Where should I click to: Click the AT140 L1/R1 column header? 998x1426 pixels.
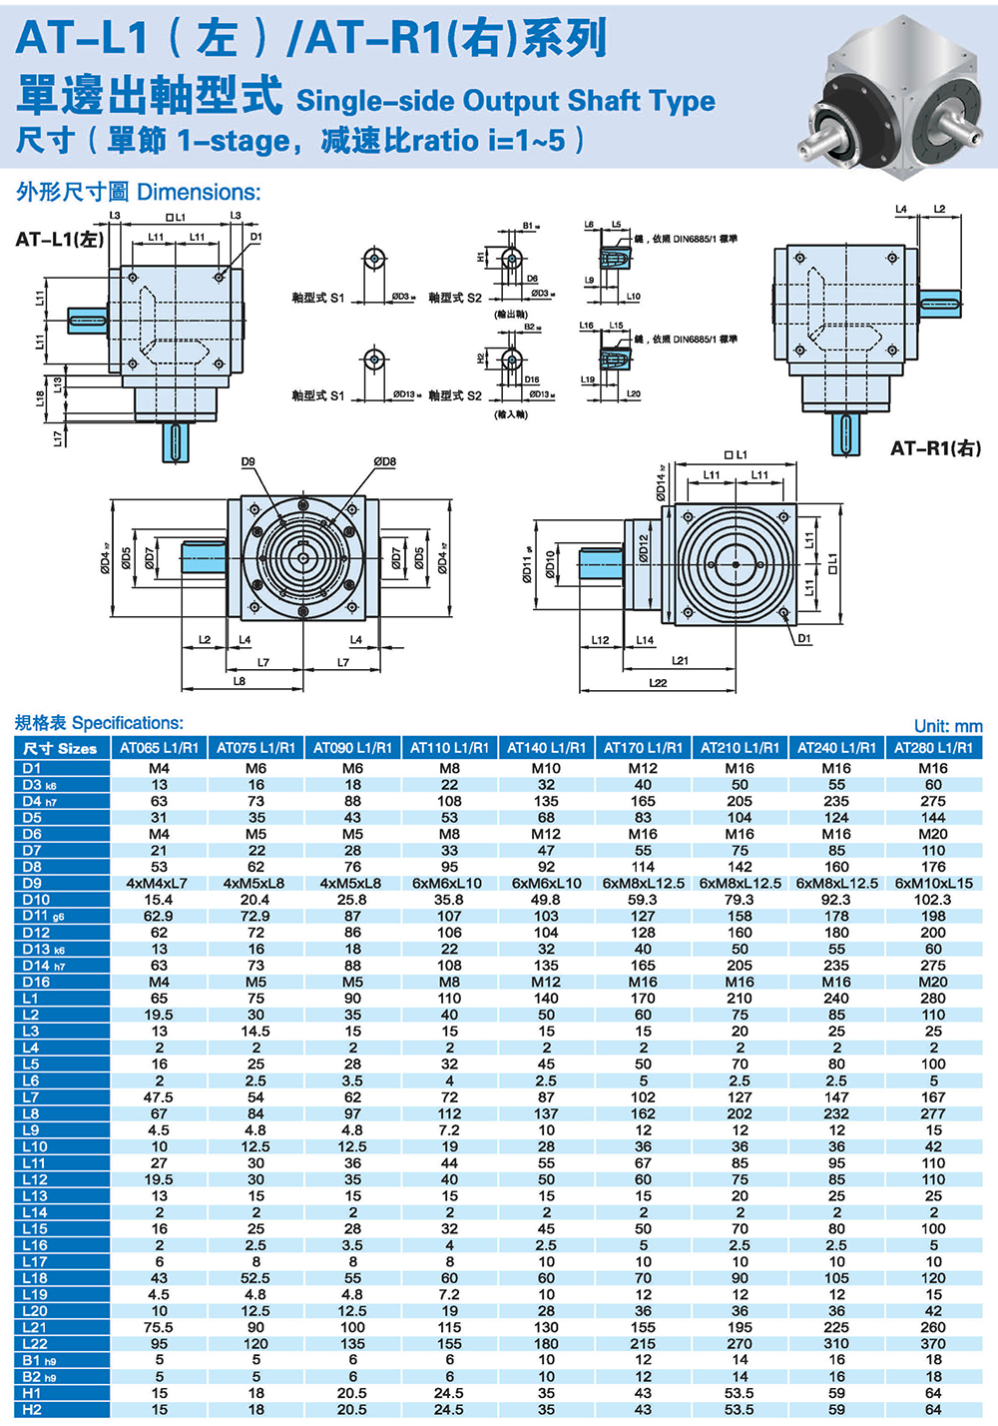(x=546, y=748)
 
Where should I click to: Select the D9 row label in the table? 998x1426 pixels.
(x=32, y=883)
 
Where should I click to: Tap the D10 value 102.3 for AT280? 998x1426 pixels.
(x=933, y=900)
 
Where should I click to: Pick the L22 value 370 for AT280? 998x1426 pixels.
(x=933, y=1344)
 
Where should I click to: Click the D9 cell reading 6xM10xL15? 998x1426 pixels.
(x=933, y=883)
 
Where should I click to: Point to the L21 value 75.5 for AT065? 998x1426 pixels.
(x=159, y=1327)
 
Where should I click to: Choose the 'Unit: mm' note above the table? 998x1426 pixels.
(x=947, y=727)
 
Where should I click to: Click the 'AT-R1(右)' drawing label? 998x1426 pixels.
(x=935, y=448)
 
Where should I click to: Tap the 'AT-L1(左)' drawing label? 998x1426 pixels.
(x=59, y=239)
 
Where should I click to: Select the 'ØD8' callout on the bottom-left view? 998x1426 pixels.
(x=384, y=461)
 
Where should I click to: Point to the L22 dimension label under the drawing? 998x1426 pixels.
(x=658, y=683)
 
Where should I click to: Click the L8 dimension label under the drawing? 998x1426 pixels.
(x=240, y=681)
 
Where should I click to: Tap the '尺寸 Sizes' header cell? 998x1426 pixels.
(x=60, y=748)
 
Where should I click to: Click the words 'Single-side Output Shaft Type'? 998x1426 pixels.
(x=505, y=101)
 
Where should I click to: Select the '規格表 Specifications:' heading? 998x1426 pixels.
(x=99, y=723)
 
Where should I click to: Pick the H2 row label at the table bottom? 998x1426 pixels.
(x=32, y=1410)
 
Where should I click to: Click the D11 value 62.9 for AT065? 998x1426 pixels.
(x=159, y=916)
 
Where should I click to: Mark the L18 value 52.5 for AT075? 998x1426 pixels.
(x=255, y=1278)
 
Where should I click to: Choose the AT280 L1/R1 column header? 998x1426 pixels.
(x=933, y=748)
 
